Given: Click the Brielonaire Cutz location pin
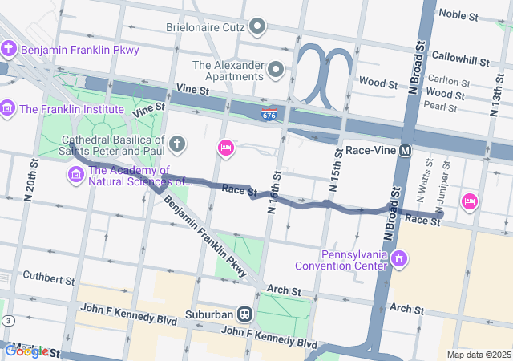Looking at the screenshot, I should [257, 28].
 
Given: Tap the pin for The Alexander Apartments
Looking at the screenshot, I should [276, 70].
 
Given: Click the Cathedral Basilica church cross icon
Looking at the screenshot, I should [177, 144].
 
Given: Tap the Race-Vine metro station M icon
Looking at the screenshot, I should [405, 150].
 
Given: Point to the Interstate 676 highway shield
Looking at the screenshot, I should [269, 116].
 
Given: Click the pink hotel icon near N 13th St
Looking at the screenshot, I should [469, 201].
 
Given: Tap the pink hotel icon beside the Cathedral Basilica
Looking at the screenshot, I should [226, 148].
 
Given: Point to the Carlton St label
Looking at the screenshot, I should [448, 82].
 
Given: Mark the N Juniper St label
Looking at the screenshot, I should [446, 180].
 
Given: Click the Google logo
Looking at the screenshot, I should [26, 351].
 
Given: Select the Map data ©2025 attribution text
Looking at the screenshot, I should [478, 355].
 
